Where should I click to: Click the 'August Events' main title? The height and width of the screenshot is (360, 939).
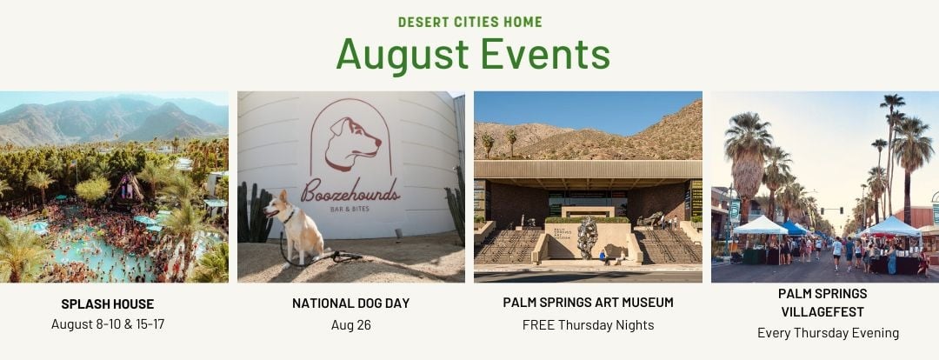(x=473, y=55)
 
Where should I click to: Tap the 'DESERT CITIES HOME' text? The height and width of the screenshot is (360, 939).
(x=470, y=22)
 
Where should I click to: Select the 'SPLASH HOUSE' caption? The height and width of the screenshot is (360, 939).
(x=108, y=304)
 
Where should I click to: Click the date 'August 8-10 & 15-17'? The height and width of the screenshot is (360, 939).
(x=108, y=324)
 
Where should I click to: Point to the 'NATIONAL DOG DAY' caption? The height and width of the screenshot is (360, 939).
(x=351, y=303)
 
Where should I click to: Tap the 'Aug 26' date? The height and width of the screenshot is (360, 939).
(x=351, y=325)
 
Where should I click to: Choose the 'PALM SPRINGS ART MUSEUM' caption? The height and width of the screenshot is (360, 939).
(x=588, y=303)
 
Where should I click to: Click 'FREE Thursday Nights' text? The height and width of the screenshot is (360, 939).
(x=588, y=325)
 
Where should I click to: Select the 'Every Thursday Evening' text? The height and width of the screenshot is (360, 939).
(x=829, y=333)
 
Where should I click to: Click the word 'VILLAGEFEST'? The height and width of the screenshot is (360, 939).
(x=822, y=312)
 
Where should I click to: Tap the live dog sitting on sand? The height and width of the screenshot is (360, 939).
(x=296, y=227)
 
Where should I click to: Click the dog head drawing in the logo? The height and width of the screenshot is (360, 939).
(x=353, y=143)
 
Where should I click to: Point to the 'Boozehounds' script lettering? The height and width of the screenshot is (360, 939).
(x=351, y=190)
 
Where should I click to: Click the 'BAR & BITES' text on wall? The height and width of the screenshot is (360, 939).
(x=351, y=210)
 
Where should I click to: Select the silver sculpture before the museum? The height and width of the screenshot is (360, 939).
(x=588, y=237)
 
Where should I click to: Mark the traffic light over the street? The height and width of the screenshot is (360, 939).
(x=832, y=210)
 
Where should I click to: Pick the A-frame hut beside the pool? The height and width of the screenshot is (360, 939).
(x=128, y=188)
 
